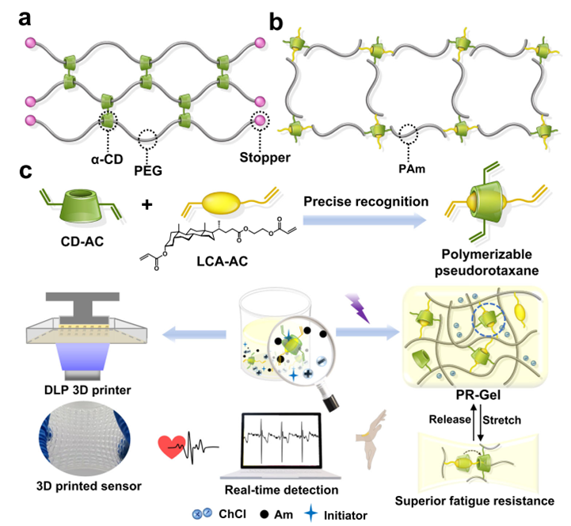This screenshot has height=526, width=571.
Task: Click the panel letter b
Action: click(276, 18)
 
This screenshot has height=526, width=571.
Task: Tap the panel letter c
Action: click(15, 169)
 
